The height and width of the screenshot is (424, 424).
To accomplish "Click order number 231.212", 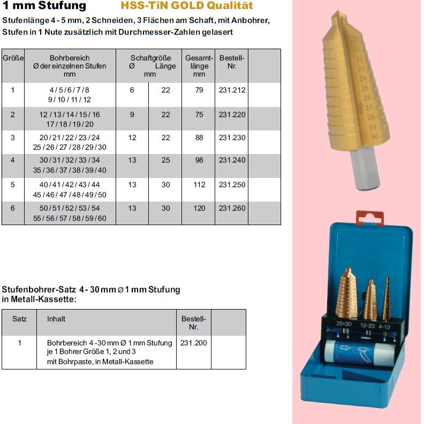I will click(232, 90).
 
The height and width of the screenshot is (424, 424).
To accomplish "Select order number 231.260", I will click(232, 209).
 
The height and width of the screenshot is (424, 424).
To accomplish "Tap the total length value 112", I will click(199, 185).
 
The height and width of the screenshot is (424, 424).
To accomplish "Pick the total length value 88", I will click(199, 138).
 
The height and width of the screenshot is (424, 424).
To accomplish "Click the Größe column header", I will click(13, 58).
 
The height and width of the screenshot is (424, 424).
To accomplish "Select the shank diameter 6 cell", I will click(132, 90).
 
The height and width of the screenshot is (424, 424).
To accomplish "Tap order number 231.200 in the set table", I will click(193, 343).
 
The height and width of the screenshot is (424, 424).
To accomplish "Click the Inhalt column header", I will click(56, 319).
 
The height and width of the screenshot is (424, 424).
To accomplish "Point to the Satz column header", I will click(19, 319).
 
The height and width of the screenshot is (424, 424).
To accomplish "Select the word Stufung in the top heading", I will click(63, 6).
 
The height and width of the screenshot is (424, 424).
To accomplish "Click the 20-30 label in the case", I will click(344, 324).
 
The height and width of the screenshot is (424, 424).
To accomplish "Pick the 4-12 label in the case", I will click(384, 325).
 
